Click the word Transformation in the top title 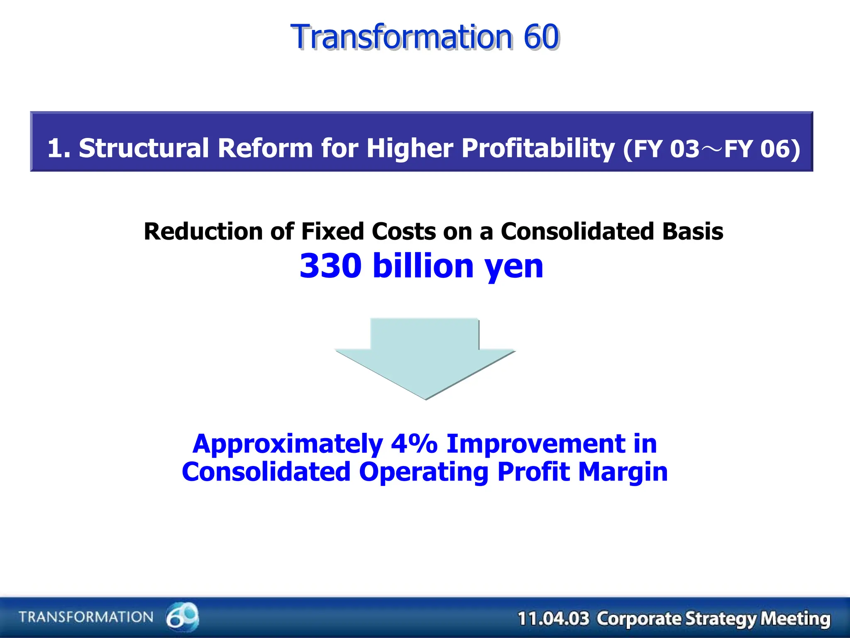pyautogui.click(x=402, y=37)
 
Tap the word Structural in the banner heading pyautogui.click(x=144, y=148)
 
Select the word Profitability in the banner pyautogui.click(x=538, y=149)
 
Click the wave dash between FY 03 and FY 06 pyautogui.click(x=711, y=149)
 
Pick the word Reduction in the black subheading pyautogui.click(x=203, y=231)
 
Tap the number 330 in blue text pyautogui.click(x=331, y=266)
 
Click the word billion pyautogui.click(x=423, y=266)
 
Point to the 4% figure pyautogui.click(x=414, y=444)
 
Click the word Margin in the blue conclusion pyautogui.click(x=623, y=473)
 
